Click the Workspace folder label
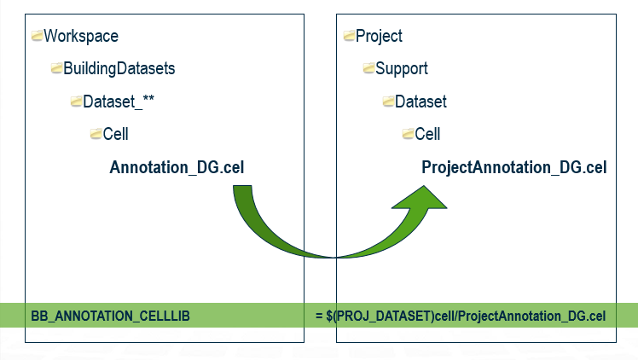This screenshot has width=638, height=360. [x=81, y=36]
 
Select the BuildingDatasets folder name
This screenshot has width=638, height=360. [x=119, y=68]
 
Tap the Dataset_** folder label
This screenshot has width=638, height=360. [x=119, y=102]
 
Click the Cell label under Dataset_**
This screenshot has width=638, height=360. [x=115, y=134]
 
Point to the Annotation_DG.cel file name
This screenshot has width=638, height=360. [x=177, y=167]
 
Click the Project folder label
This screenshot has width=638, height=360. [x=379, y=36]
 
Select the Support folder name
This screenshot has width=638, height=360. [x=401, y=68]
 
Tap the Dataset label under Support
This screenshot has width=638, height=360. [x=420, y=102]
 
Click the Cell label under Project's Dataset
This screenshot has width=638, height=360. [x=427, y=134]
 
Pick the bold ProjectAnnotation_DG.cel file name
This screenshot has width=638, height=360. [x=514, y=167]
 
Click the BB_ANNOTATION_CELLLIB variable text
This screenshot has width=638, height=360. [x=110, y=316]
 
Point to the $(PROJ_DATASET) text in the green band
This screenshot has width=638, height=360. [x=380, y=316]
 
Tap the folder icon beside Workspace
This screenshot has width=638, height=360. [x=37, y=35]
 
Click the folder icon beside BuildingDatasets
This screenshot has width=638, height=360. [x=56, y=68]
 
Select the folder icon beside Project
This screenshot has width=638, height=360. [x=349, y=35]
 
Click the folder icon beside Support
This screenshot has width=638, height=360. [x=368, y=68]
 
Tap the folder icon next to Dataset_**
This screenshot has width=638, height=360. [x=76, y=101]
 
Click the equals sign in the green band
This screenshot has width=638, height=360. [x=319, y=316]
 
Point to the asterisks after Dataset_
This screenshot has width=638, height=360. [x=148, y=99]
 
